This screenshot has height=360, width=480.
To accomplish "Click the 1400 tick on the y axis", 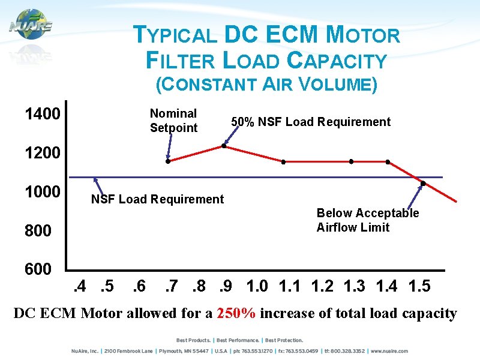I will coord(42,114).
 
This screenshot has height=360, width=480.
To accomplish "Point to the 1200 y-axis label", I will coord(42,153).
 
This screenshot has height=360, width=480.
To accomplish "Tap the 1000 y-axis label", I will coord(42,192).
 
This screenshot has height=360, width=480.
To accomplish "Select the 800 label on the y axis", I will coord(38,230).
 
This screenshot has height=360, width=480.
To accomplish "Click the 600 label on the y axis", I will coord(38,269).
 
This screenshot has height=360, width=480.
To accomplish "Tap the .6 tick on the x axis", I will coord(139,286).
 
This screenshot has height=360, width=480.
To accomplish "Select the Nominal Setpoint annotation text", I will coord(173,121).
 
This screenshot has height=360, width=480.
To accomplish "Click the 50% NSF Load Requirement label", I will coord(311,122).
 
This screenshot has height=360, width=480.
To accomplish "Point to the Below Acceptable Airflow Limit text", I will coord(368,220).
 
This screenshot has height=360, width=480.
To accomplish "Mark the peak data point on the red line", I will coord(224,146).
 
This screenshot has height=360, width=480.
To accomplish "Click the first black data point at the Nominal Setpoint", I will coord(168,161).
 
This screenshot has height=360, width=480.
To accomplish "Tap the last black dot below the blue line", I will coord(423,183).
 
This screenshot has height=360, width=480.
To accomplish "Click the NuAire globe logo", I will coord(30,25).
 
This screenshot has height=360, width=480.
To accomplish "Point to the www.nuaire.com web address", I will coord(389,351).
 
